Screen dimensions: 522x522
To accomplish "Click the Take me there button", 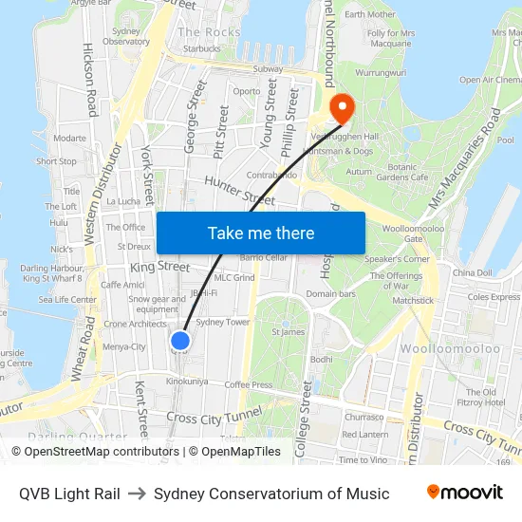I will [x=260, y=233].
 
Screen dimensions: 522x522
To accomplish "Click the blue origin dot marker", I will [x=180, y=341].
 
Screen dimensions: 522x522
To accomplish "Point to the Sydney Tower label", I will [x=222, y=323].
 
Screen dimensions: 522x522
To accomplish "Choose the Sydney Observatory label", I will [x=126, y=36].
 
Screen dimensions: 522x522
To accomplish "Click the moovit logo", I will [x=464, y=493].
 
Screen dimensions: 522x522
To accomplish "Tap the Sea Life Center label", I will [x=67, y=300].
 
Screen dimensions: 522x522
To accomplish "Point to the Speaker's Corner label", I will [x=397, y=258].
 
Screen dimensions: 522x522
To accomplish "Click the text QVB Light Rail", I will [x=69, y=494].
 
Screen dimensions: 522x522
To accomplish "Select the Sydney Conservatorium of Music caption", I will [x=271, y=494].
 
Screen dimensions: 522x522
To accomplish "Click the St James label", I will [x=288, y=332].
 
